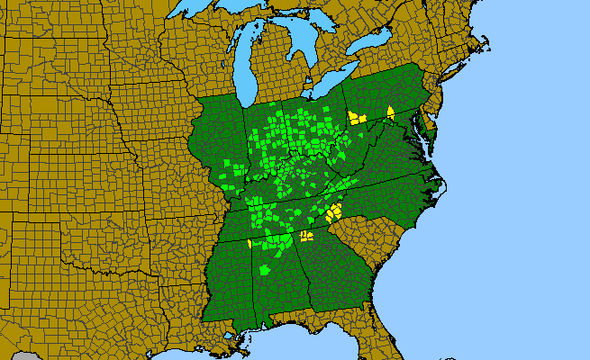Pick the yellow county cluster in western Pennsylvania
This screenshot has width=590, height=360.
click(356, 117)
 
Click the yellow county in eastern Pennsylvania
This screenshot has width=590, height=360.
click(391, 112)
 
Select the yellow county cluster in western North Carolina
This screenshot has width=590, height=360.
click(334, 211)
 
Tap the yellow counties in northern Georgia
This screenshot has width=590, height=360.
click(305, 236)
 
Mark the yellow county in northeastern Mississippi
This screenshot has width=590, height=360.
click(250, 243)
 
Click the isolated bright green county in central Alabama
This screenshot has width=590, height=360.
click(265, 269)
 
